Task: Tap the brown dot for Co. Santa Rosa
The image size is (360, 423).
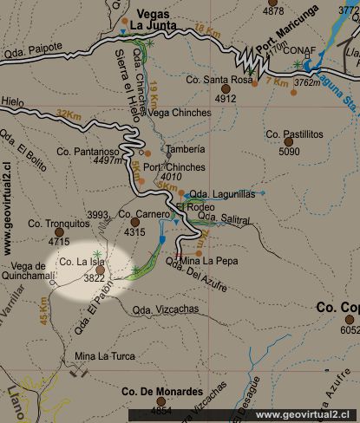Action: (226, 88)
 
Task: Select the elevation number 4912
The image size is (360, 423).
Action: (226, 99)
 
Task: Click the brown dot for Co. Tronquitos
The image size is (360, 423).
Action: (60, 232)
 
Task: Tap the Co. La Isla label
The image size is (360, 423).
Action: (82, 262)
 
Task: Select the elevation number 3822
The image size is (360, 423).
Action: (95, 278)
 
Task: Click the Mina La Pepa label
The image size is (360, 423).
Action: (208, 259)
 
